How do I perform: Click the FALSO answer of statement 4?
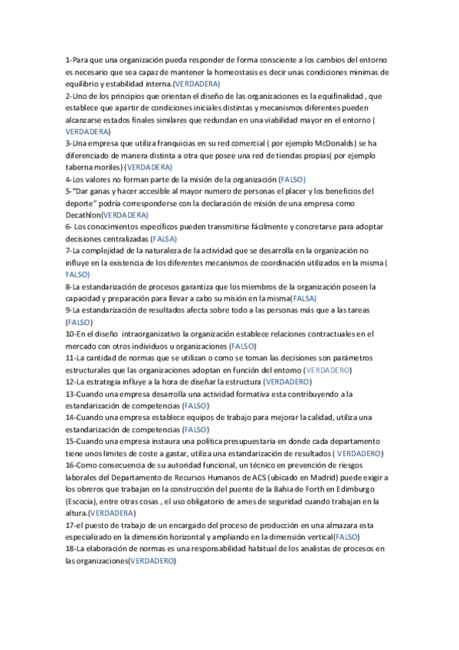293,178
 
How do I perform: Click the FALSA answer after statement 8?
304,297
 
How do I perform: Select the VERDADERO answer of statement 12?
287,381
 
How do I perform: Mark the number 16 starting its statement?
70,465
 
